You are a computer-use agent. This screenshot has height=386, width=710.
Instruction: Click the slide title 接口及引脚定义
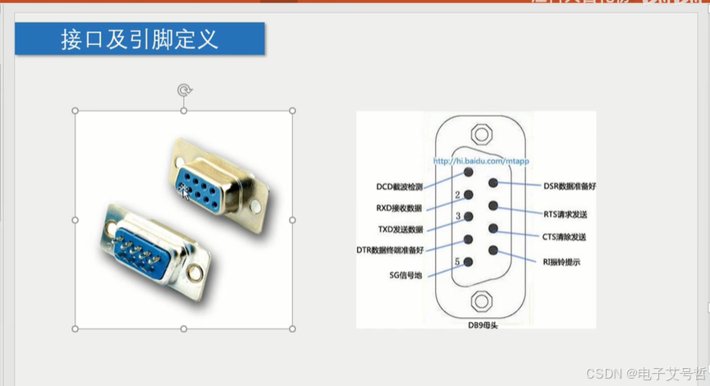pyautogui.click(x=140, y=39)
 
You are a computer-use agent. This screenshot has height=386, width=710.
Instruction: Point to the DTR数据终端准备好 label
pyautogui.click(x=390, y=250)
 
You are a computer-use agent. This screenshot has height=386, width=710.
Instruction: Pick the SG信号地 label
pyautogui.click(x=405, y=275)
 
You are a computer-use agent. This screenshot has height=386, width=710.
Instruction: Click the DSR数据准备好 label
pyautogui.click(x=570, y=186)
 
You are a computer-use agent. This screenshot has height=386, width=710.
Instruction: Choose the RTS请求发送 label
pyautogui.click(x=565, y=214)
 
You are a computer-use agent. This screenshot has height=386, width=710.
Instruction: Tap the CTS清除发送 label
pyautogui.click(x=564, y=237)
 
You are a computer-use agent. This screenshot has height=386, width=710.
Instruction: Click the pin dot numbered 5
pyautogui.click(x=468, y=262)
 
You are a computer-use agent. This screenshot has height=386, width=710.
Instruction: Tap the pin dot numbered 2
pyautogui.click(x=468, y=195)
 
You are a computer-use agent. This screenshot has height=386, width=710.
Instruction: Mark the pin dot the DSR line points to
pyautogui.click(x=493, y=184)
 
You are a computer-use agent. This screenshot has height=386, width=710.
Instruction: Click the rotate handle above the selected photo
pyautogui.click(x=184, y=90)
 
